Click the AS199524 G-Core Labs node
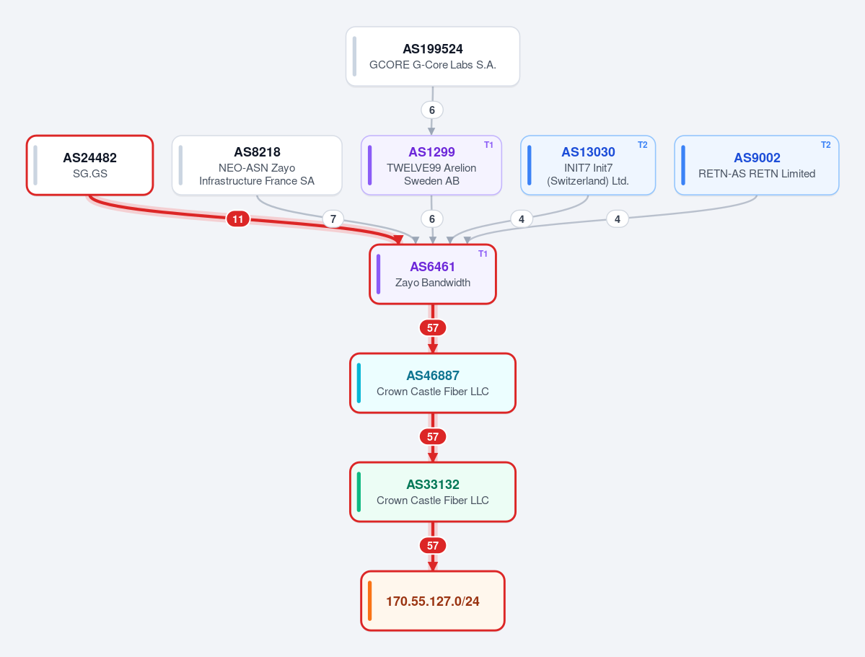[433, 56]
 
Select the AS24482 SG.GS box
[90, 165]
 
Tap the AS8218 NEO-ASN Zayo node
[257, 165]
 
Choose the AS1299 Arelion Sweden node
[431, 165]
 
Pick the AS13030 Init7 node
[588, 165]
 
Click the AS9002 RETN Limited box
[757, 165]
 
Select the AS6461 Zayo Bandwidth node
[433, 274]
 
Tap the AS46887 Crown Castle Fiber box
[433, 383]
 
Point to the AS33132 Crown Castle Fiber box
[433, 492]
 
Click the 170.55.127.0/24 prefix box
[433, 601]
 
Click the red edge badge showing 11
[238, 219]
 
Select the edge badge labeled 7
[333, 219]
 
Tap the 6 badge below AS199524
[432, 110]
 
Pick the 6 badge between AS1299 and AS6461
[432, 219]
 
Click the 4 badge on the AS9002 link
[618, 219]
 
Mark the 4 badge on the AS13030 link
[522, 219]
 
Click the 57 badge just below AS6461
[433, 327]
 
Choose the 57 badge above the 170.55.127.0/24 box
[433, 545]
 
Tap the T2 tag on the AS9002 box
[825, 145]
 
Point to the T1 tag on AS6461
[483, 254]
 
